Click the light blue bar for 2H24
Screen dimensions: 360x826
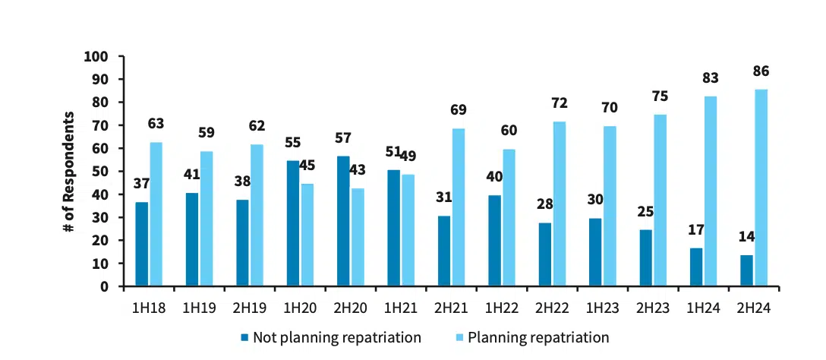coord(761,188)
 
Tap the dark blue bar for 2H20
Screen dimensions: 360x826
coord(343,221)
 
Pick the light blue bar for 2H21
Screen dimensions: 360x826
coord(459,207)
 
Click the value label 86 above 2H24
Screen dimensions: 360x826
coord(761,71)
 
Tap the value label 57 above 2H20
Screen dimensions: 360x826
coord(344,138)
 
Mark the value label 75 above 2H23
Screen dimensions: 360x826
coord(660,96)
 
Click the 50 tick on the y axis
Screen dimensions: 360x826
coord(106,172)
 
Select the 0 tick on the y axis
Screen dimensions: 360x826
coord(109,287)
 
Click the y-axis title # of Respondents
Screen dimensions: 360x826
coord(69,172)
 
